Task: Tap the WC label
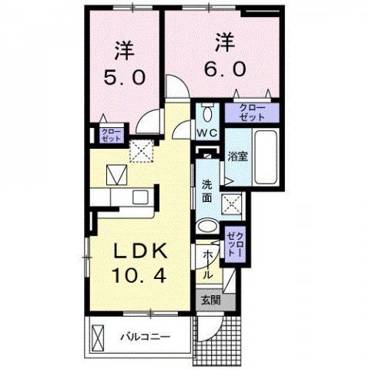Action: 207,132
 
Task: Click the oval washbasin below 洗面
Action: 208,227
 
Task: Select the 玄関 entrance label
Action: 210,300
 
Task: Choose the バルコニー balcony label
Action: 144,335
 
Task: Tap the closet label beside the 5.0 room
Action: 109,136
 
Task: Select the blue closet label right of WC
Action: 250,112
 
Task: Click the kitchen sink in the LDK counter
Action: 142,197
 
